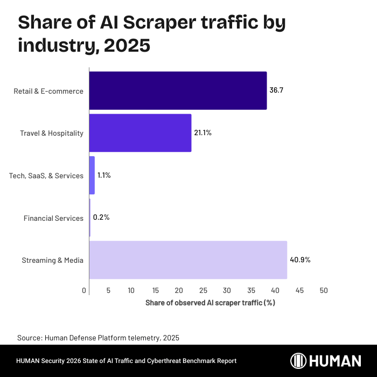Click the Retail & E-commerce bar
[178, 90]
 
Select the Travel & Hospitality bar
[140, 132]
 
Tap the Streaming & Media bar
[188, 260]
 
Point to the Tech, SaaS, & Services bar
[92, 176]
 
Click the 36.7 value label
[276, 90]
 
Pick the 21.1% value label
[203, 132]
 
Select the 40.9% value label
[301, 260]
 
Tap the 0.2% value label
[101, 218]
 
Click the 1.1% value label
[104, 176]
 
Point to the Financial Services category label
[53, 218]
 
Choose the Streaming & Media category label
[52, 261]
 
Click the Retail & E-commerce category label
[48, 91]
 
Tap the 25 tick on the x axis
[203, 290]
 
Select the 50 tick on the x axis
[324, 290]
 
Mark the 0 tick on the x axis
[85, 290]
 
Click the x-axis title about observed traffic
[210, 303]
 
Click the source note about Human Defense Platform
[98, 338]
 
